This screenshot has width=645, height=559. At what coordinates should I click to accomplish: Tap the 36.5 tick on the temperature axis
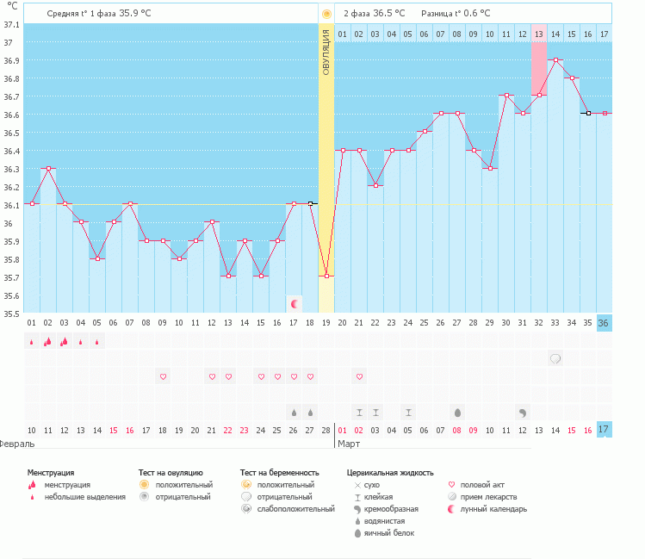(x=11, y=133)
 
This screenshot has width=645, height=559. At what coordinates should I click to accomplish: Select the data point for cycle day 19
(x=326, y=276)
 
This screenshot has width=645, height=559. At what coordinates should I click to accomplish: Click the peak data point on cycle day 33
(x=556, y=60)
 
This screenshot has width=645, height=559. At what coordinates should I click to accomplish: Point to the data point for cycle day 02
(x=48, y=169)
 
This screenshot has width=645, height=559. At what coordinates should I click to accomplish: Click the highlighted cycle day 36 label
(x=605, y=323)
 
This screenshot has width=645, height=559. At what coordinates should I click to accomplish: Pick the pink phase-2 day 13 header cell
(x=539, y=34)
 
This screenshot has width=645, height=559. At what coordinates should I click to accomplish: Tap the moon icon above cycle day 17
(x=295, y=303)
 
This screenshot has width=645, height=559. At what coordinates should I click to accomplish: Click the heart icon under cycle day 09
(x=163, y=376)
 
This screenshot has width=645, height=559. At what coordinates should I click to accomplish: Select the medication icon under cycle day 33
(x=556, y=358)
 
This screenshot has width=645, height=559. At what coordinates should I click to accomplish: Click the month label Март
(x=349, y=444)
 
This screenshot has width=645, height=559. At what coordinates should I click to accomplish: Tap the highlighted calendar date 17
(x=605, y=429)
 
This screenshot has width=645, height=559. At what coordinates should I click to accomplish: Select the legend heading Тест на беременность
(x=279, y=473)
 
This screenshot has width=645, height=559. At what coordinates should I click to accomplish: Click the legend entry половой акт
(x=482, y=485)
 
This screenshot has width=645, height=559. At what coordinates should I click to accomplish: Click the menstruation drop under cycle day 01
(x=32, y=341)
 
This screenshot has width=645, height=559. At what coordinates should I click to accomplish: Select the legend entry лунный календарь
(x=493, y=509)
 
